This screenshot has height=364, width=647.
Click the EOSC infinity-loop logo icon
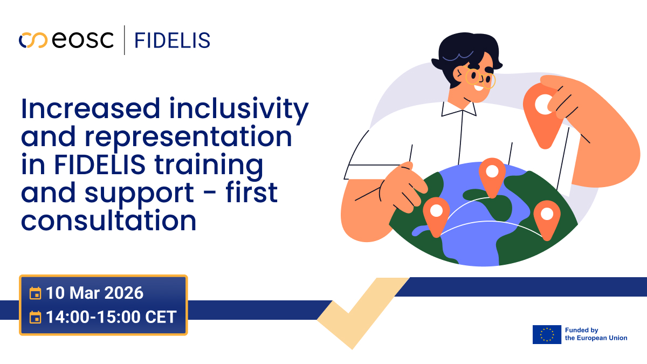tap(33, 40)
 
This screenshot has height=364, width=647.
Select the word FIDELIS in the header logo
tap(172, 40)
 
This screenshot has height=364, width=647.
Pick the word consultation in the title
tap(108, 221)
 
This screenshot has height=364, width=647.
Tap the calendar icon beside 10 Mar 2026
tap(35, 293)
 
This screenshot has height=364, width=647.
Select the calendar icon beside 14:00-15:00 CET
tap(35, 317)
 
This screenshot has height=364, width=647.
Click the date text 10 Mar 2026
tap(95, 293)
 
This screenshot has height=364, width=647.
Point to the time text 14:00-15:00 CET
tap(111, 317)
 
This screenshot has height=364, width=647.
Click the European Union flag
tap(546, 334)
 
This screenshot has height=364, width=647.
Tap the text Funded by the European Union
tap(596, 334)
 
